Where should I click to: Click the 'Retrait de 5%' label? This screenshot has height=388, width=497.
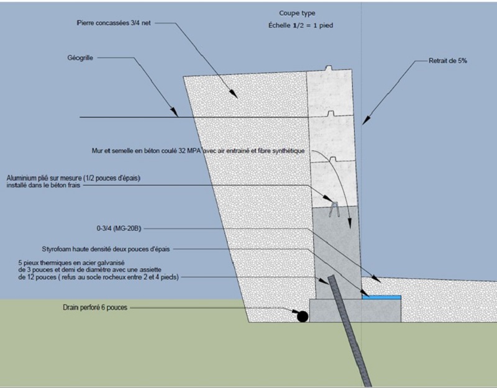pyautogui.click(x=449, y=61)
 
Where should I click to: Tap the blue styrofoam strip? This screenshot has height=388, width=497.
pyautogui.click(x=381, y=298)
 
